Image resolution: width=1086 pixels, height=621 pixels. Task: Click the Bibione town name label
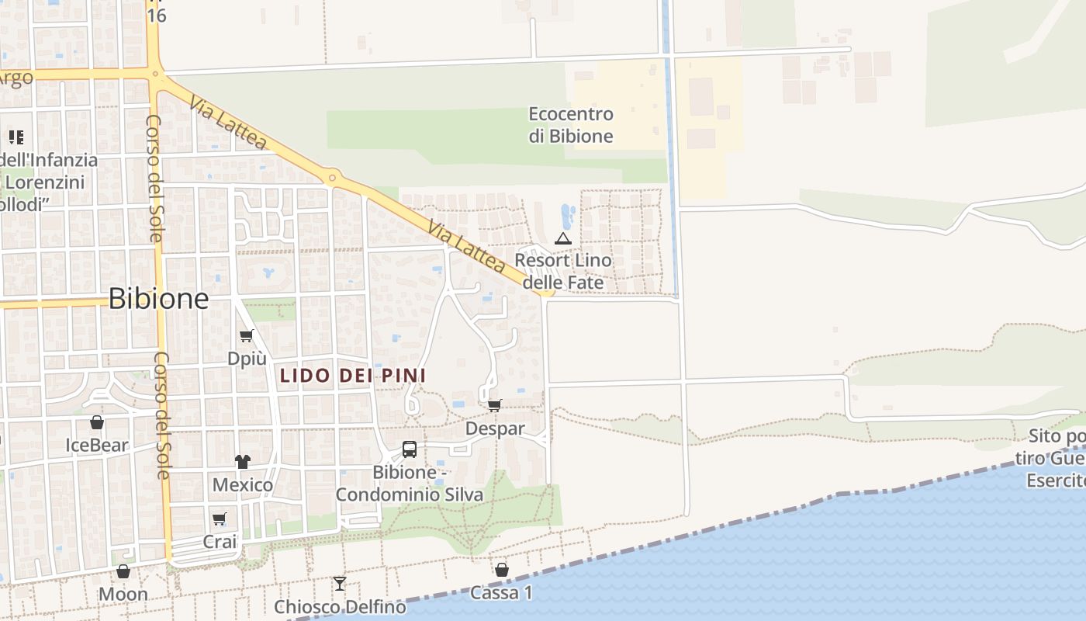[x=158, y=299]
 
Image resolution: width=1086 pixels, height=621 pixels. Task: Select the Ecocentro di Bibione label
[x=571, y=125]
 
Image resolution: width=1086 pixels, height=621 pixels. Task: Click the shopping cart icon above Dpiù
[x=247, y=336]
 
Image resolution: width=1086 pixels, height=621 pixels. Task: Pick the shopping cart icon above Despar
[x=495, y=405]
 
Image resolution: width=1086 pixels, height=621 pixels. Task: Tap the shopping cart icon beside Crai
[x=220, y=519]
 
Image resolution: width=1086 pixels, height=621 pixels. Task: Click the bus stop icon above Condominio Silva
[x=409, y=449]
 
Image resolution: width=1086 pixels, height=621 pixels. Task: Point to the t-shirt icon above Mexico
[x=243, y=461]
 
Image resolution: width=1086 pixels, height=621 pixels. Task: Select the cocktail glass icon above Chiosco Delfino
[x=339, y=583]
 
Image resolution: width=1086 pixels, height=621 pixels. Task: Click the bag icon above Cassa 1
[x=502, y=570]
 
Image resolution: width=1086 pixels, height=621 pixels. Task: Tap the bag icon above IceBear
[x=97, y=422]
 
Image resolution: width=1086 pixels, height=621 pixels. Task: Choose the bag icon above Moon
[x=123, y=572]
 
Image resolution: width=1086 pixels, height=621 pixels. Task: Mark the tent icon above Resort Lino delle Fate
[x=563, y=238]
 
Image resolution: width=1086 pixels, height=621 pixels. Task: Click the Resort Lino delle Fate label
[x=563, y=271]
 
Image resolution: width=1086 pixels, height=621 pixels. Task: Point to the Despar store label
[x=495, y=428]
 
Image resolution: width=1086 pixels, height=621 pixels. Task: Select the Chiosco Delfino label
[x=340, y=606]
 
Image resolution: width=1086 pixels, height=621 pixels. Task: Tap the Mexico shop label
[x=243, y=485]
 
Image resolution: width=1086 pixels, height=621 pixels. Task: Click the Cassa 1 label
[x=502, y=593]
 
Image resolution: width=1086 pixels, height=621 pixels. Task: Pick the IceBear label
[x=97, y=446]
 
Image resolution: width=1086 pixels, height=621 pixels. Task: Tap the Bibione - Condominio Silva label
[x=409, y=483]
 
